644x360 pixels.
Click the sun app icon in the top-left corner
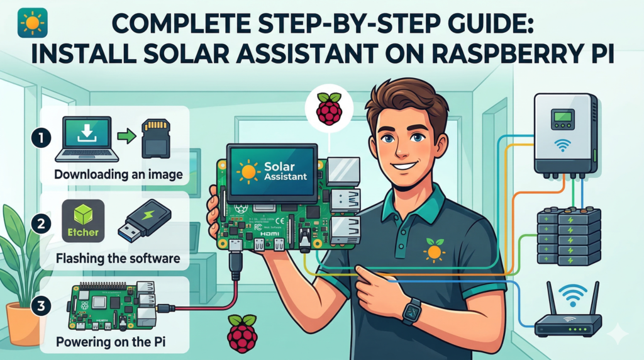pos(30,21)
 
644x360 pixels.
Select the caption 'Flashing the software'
pos(118,258)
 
